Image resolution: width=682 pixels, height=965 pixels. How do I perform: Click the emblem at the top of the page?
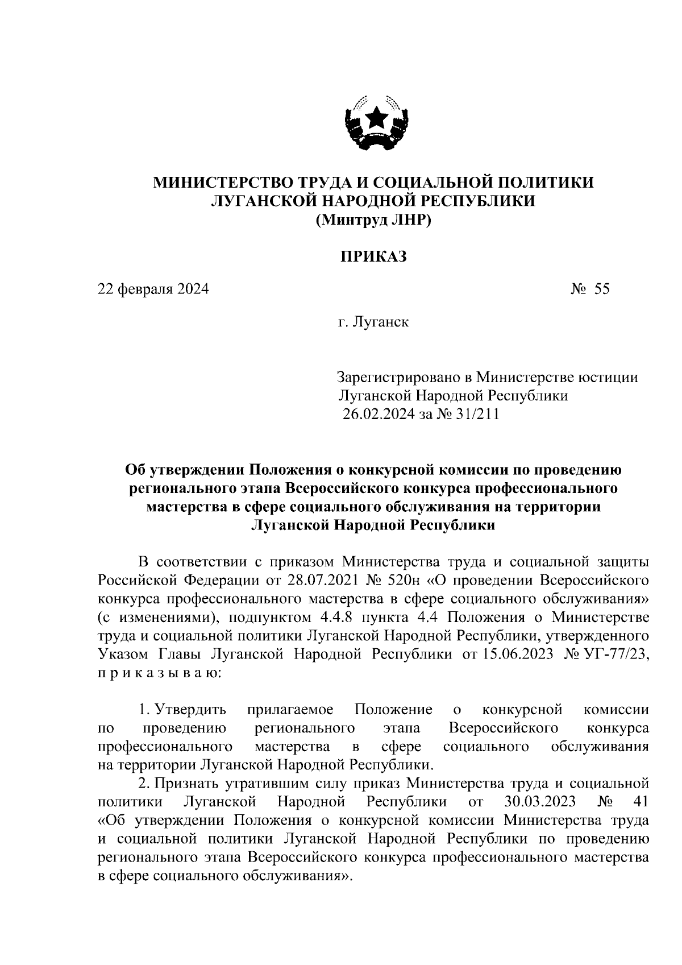tap(376, 122)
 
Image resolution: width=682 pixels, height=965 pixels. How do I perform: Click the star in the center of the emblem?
tap(376, 118)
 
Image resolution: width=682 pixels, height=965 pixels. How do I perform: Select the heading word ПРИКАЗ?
tap(373, 257)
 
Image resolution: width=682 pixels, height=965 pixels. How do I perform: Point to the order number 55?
tap(602, 289)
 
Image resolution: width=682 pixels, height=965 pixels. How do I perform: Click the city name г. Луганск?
tap(373, 323)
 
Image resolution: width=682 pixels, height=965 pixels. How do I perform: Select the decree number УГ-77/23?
tap(616, 654)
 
